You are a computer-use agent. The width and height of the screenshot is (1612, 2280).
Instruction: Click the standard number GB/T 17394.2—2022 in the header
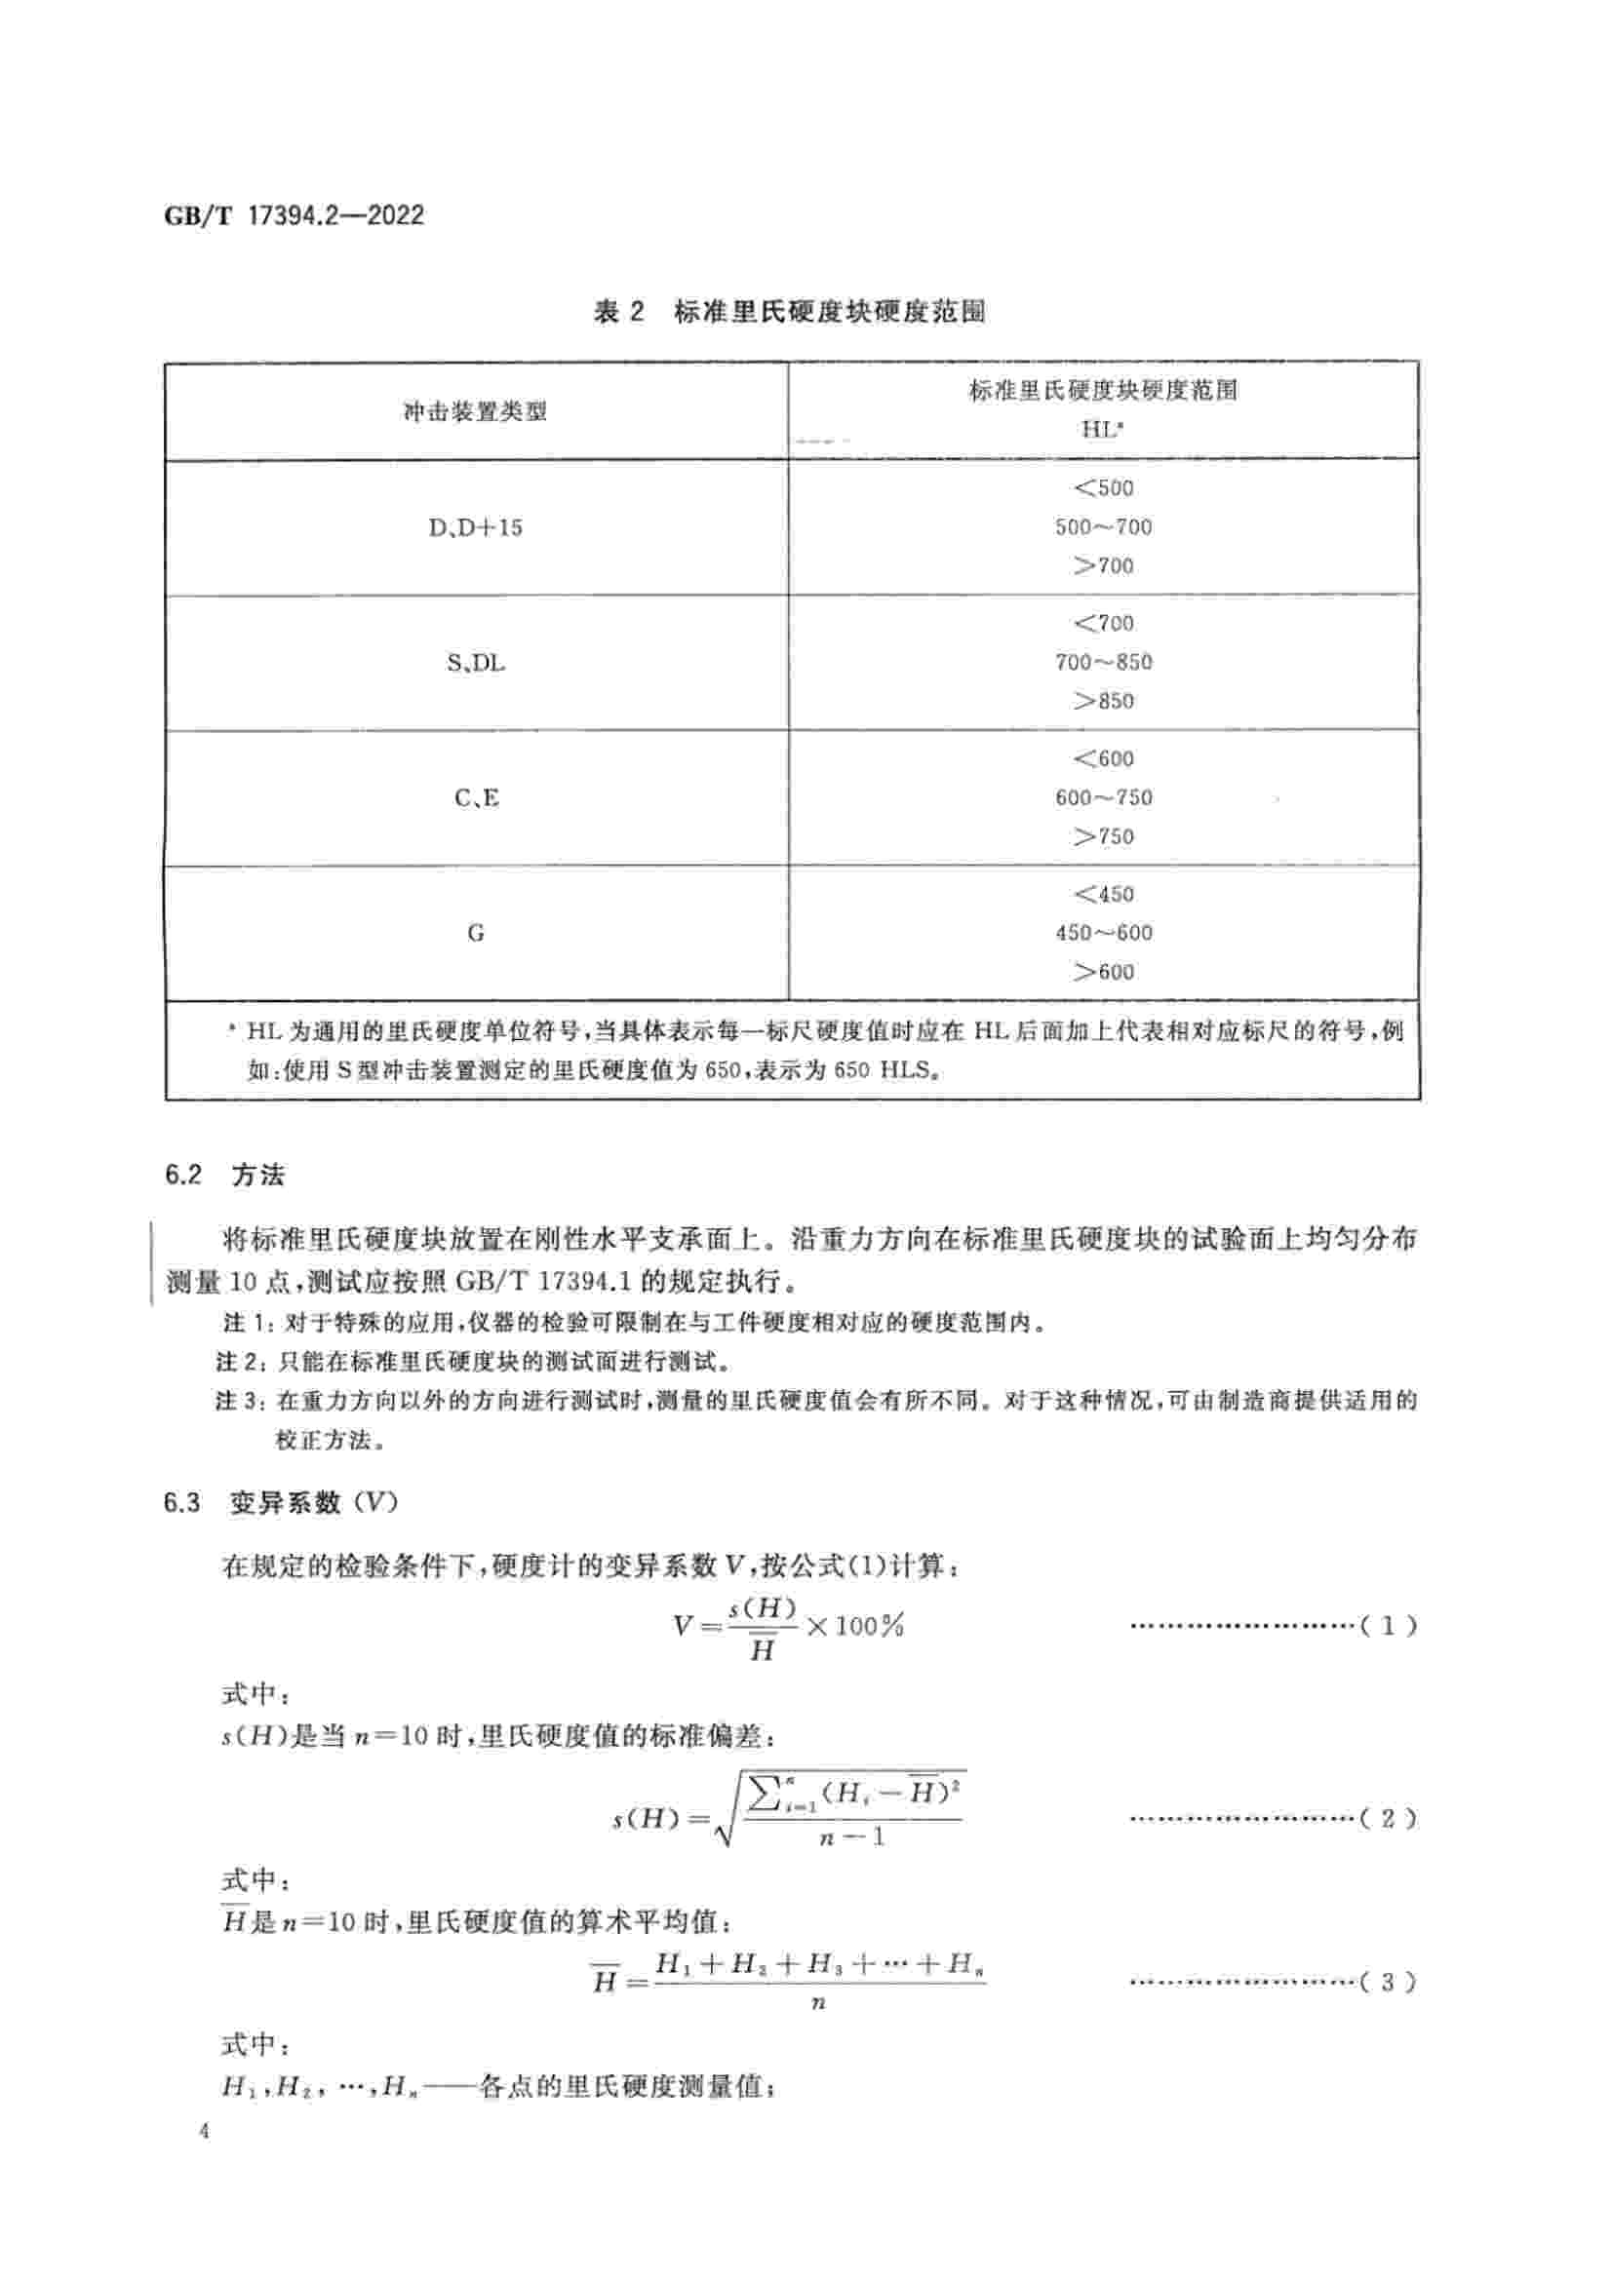(294, 215)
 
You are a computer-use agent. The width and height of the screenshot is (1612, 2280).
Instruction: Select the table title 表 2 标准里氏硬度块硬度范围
(790, 312)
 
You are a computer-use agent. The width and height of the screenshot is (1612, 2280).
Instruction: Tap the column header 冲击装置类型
(475, 411)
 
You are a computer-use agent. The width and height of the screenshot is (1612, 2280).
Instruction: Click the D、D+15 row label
(475, 527)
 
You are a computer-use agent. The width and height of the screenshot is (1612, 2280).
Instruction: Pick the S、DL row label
(475, 662)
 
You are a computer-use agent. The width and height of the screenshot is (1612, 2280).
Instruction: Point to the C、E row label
(476, 797)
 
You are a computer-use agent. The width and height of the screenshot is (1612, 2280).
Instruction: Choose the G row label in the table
(476, 933)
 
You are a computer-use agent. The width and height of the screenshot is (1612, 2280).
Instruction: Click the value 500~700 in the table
(1103, 527)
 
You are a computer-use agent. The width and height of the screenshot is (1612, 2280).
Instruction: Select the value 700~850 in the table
(1103, 662)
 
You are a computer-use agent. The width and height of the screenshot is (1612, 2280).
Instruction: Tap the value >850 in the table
(1103, 701)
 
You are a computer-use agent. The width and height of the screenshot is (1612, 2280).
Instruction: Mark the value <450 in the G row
(1103, 894)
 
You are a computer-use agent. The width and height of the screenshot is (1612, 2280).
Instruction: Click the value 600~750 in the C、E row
(1103, 797)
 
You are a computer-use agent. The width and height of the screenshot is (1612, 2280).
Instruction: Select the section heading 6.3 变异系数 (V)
(281, 1502)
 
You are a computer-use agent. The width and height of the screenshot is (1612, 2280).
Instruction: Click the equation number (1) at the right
(1388, 1626)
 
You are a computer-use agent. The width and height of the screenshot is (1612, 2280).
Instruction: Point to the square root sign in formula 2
(725, 1819)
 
